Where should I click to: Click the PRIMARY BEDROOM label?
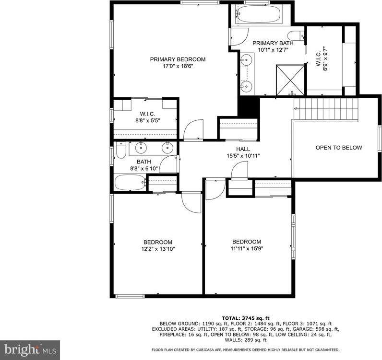pyautogui.click(x=178, y=59)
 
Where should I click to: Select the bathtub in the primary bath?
pyautogui.click(x=258, y=15)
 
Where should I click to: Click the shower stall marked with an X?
pyautogui.click(x=290, y=79)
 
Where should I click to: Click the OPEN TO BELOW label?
pyautogui.click(x=338, y=148)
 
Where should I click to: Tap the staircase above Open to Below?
pyautogui.click(x=326, y=109)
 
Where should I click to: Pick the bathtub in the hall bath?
pyautogui.click(x=130, y=182)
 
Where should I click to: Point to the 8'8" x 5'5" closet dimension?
pyautogui.click(x=146, y=121)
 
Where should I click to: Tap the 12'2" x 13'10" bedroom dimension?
pyautogui.click(x=157, y=249)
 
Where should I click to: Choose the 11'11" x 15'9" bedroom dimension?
pyautogui.click(x=246, y=248)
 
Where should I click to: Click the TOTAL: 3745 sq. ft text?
pyautogui.click(x=245, y=318)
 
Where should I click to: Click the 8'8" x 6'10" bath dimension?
pyautogui.click(x=144, y=169)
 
